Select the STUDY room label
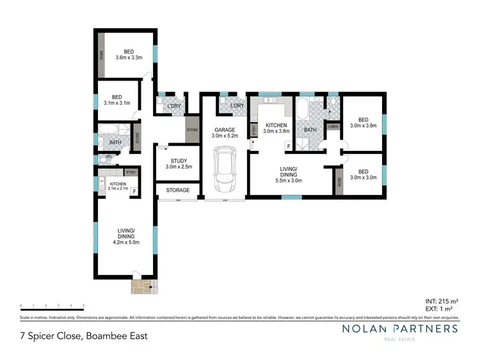pos(179,160)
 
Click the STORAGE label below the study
pos(178,191)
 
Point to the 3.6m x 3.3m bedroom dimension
pos(129,58)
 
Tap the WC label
pos(109,156)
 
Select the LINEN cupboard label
pos(333,127)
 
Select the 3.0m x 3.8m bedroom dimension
pos(363,126)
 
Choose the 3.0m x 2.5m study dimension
pos(179,167)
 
